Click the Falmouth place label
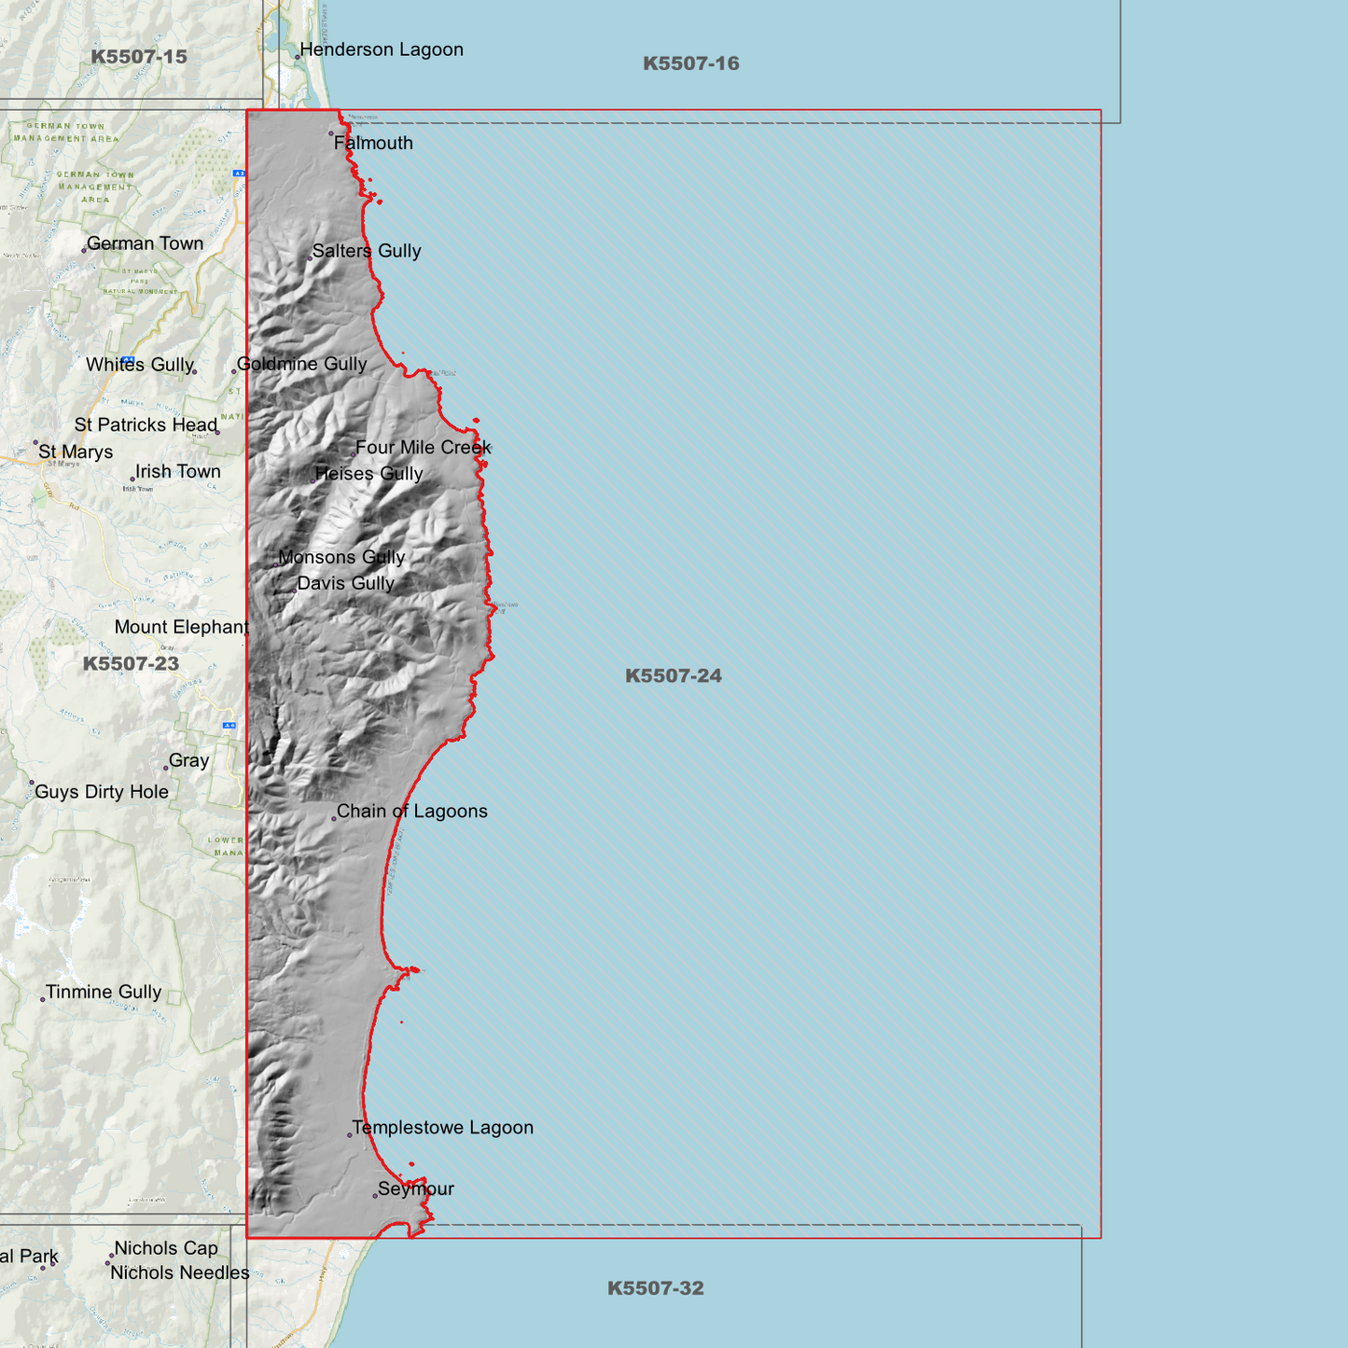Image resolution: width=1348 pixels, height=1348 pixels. (373, 144)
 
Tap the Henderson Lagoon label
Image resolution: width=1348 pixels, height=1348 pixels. (381, 50)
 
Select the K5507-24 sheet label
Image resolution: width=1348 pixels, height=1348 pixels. (673, 676)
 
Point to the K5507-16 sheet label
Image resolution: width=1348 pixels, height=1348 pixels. (690, 63)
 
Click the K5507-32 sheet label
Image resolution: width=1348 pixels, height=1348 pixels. (655, 1288)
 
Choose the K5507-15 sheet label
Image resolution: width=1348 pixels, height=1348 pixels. (139, 57)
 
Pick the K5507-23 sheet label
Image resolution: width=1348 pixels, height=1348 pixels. (131, 664)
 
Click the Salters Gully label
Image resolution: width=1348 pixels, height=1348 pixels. (367, 251)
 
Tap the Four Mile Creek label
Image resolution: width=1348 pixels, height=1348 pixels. (423, 448)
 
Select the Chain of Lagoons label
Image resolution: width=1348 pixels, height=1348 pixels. (411, 812)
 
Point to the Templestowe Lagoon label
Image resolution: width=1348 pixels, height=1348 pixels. (442, 1128)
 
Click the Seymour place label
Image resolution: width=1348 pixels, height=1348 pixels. (416, 1189)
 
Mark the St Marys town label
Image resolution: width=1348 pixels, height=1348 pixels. (76, 452)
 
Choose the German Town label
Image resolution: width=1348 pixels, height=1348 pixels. (145, 243)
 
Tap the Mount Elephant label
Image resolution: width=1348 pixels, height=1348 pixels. (181, 628)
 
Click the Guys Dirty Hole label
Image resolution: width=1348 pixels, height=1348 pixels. (102, 792)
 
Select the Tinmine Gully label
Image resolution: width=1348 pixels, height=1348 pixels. (104, 993)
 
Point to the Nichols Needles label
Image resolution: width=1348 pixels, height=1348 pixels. (180, 1273)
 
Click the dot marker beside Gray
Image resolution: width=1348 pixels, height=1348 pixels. (166, 768)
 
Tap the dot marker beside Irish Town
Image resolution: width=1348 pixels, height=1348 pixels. (132, 479)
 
